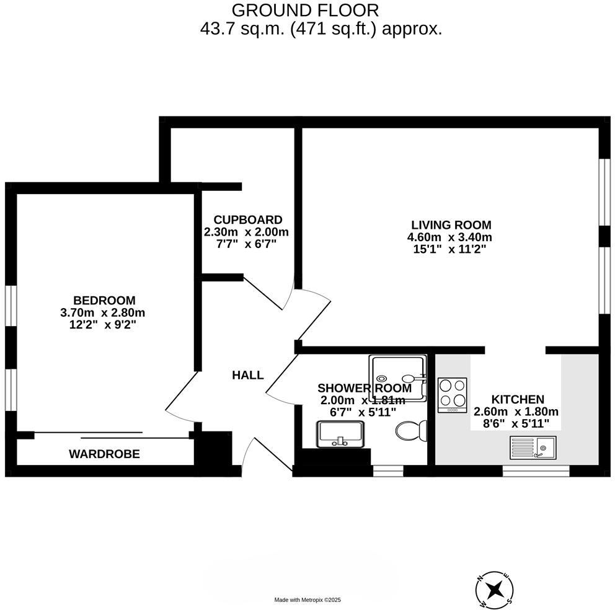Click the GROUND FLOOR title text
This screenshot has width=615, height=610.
click(304, 10)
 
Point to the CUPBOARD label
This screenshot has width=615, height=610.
click(247, 220)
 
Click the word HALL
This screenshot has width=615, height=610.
click(247, 375)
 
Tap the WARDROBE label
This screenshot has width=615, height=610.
click(104, 454)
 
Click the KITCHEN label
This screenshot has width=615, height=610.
click(517, 400)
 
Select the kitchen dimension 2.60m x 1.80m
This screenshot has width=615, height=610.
click(516, 412)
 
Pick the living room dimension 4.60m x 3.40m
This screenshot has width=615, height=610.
click(449, 237)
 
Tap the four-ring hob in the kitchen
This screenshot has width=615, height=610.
click(451, 394)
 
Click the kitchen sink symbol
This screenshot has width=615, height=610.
click(533, 446)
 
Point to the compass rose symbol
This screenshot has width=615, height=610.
click(494, 588)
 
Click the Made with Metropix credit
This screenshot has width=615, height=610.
click(307, 599)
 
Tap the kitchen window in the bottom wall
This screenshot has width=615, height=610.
click(536, 471)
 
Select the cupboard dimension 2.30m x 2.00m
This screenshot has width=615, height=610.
click(246, 232)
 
